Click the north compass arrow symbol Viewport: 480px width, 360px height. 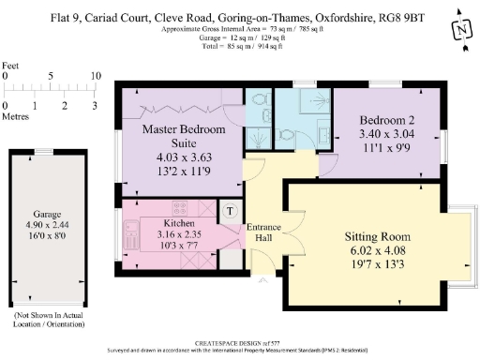coord(460,29)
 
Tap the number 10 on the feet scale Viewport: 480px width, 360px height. coord(95,76)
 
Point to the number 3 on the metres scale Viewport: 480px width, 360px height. coord(95,106)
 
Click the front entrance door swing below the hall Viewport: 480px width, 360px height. coord(266,274)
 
